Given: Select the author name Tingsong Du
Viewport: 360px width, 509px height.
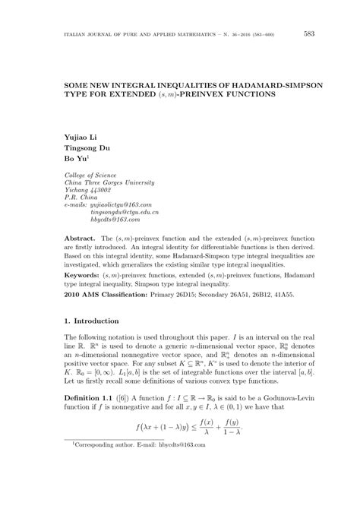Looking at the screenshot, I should pos(87,148).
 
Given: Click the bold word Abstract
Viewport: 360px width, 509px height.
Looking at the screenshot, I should pos(80,239).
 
